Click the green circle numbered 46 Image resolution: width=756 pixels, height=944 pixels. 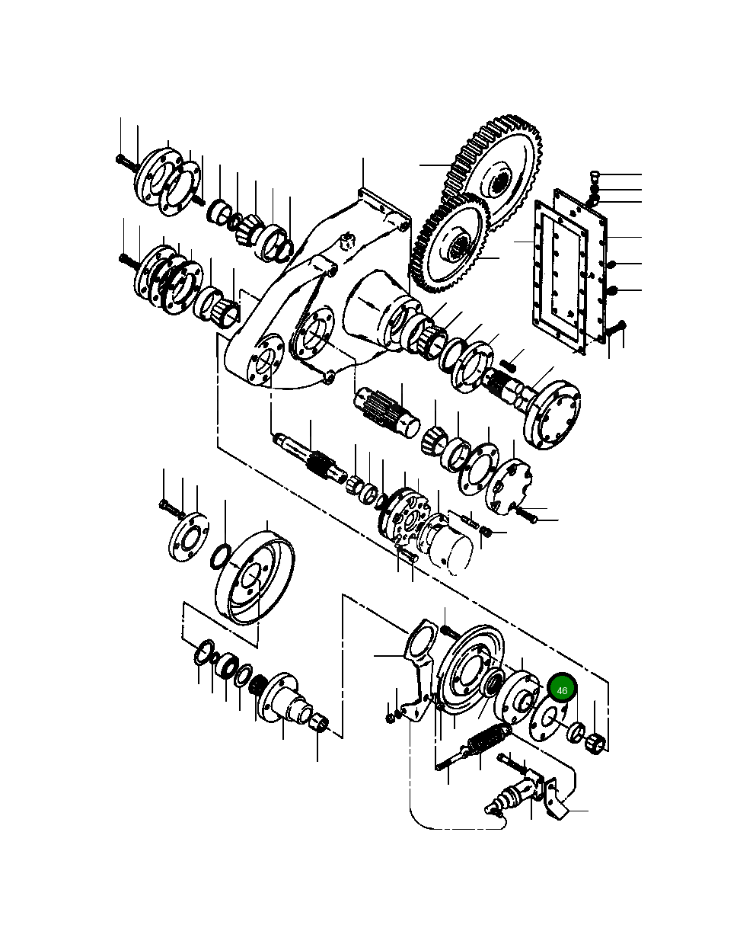click(563, 690)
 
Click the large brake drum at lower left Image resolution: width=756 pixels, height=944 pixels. click(254, 578)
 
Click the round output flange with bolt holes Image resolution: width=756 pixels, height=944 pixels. click(554, 414)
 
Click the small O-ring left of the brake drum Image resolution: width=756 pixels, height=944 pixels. click(219, 556)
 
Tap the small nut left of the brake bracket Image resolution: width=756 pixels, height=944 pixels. click(391, 717)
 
